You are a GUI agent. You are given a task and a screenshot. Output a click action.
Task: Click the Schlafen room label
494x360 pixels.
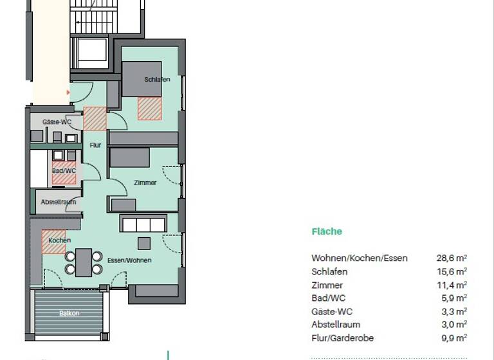(x=158, y=79)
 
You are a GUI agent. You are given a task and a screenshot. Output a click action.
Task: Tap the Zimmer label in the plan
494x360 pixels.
(x=145, y=183)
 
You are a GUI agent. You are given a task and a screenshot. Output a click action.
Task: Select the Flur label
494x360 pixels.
(x=95, y=145)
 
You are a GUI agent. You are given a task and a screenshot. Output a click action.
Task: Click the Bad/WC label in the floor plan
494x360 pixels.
(x=64, y=171)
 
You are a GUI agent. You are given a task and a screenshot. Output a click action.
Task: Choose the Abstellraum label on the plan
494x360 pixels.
(x=59, y=202)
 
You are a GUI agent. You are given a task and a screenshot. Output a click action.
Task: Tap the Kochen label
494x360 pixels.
(x=60, y=240)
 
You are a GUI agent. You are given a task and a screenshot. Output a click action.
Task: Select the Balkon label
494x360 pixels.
(x=69, y=313)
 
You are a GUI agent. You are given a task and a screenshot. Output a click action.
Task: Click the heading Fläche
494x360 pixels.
(x=327, y=232)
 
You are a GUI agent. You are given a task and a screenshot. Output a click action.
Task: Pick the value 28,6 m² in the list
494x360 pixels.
(x=452, y=258)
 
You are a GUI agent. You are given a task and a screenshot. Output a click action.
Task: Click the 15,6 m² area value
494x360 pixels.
(x=452, y=272)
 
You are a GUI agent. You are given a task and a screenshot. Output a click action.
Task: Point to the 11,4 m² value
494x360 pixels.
(x=452, y=285)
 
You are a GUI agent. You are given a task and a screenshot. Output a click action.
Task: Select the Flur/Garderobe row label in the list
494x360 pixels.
(x=342, y=338)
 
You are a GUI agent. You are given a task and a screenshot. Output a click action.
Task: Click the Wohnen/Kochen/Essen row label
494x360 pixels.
(x=359, y=258)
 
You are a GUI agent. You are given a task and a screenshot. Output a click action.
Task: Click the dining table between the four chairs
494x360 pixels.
(x=84, y=262)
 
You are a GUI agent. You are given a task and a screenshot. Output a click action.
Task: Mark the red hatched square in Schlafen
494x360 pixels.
(x=150, y=109)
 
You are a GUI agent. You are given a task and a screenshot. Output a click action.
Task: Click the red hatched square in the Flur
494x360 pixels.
(x=95, y=118)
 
